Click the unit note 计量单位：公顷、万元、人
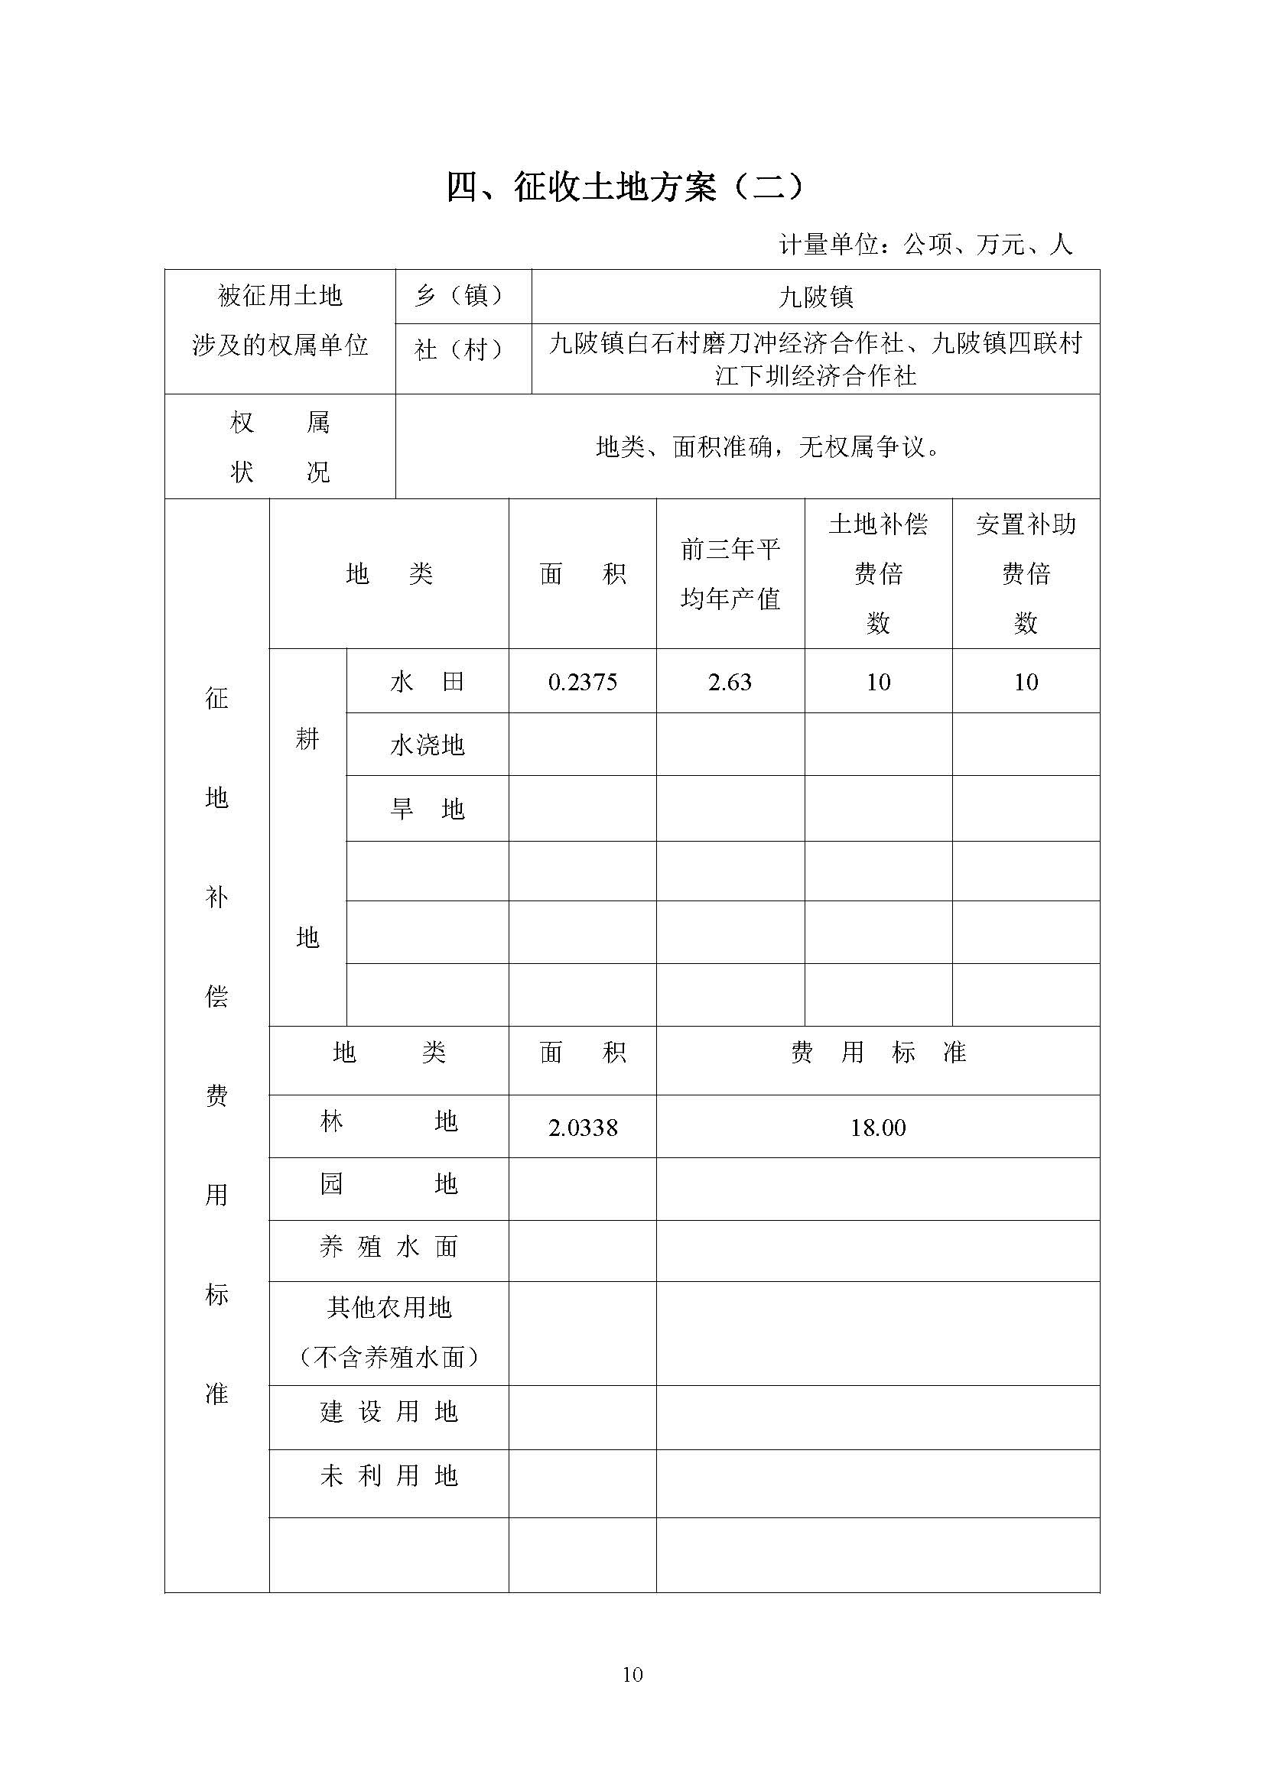pyautogui.click(x=925, y=245)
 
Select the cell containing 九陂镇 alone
pyautogui.click(x=815, y=297)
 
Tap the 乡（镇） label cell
pyautogui.click(x=463, y=296)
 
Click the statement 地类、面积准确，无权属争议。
pyautogui.click(x=767, y=447)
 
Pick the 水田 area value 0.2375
pyautogui.click(x=583, y=682)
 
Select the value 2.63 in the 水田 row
pyautogui.click(x=730, y=682)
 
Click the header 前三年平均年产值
pyautogui.click(x=730, y=574)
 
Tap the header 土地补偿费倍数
pyautogui.click(x=878, y=573)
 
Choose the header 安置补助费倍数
pyautogui.click(x=1026, y=573)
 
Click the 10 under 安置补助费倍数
pyautogui.click(x=1026, y=682)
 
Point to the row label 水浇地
pyautogui.click(x=427, y=745)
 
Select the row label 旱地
pyautogui.click(x=427, y=809)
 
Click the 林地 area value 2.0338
pyautogui.click(x=583, y=1128)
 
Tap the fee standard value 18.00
pyautogui.click(x=878, y=1128)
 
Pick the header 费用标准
pyautogui.click(x=878, y=1053)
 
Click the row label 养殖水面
pyautogui.click(x=388, y=1247)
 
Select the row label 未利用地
pyautogui.click(x=388, y=1475)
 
